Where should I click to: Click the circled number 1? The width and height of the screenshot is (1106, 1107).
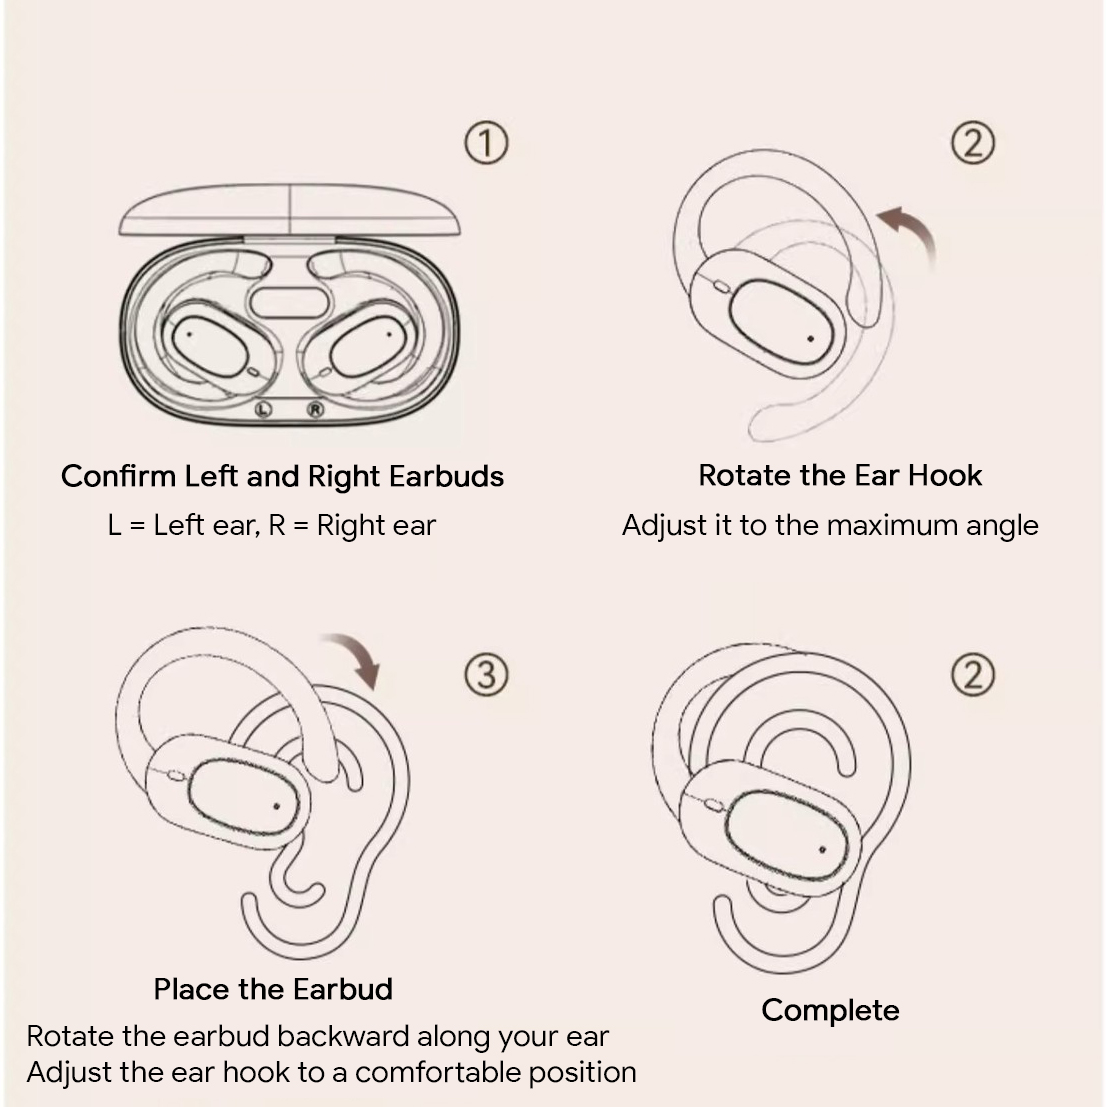pyautogui.click(x=486, y=144)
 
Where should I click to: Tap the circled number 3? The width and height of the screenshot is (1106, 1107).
pyautogui.click(x=486, y=676)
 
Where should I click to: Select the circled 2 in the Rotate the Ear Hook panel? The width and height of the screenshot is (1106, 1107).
pyautogui.click(x=972, y=144)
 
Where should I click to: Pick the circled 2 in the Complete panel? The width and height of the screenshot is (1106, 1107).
pyautogui.click(x=972, y=676)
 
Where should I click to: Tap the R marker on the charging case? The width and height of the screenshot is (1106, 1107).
pyautogui.click(x=316, y=408)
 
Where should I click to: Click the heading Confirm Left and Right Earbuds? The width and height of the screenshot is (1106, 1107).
pyautogui.click(x=282, y=476)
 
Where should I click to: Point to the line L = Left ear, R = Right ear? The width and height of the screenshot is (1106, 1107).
pyautogui.click(x=272, y=525)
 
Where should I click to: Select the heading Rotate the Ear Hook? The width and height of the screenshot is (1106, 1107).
pyautogui.click(x=840, y=475)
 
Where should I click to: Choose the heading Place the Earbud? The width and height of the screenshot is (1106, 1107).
pyautogui.click(x=273, y=989)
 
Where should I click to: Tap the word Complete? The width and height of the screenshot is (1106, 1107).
pyautogui.click(x=830, y=1010)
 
